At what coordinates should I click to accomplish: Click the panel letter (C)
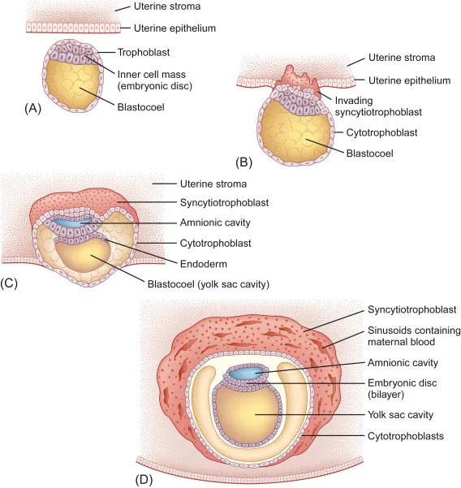click(x=13, y=283)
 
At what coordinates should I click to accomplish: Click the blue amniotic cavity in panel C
click(x=71, y=222)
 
